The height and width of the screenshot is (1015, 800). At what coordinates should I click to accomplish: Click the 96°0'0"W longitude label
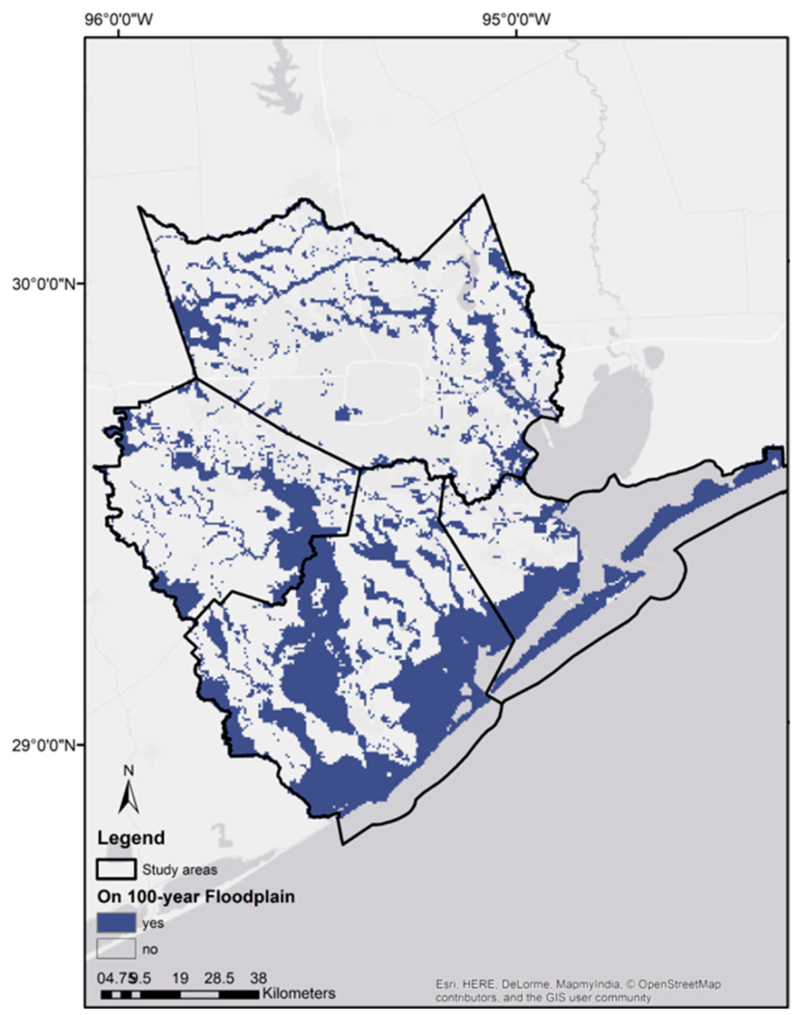[x=119, y=20]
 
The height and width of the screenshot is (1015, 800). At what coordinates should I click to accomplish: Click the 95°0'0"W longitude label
[x=517, y=20]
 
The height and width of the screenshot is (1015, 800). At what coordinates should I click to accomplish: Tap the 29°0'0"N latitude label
[x=43, y=745]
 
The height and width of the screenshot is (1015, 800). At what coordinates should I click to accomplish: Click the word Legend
[x=131, y=838]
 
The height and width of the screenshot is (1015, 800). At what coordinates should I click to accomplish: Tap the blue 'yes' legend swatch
[x=116, y=923]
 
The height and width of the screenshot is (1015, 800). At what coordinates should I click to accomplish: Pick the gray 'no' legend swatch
[x=116, y=949]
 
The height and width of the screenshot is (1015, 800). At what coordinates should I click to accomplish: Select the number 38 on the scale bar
[x=258, y=978]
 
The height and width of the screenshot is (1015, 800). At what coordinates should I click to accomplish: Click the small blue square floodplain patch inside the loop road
[x=344, y=414]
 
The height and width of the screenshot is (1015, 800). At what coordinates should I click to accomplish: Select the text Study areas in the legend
[x=180, y=870]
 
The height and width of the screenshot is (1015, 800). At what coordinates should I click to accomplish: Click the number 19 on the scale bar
[x=180, y=978]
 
